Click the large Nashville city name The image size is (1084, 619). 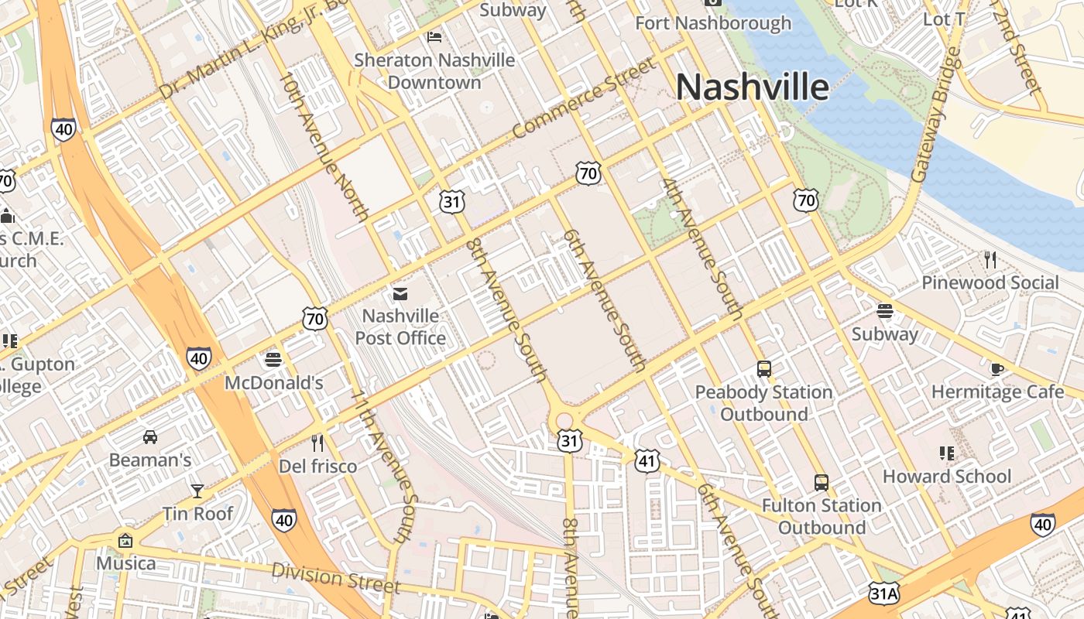752,87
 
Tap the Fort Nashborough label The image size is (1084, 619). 713,23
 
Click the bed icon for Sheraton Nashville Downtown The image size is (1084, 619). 434,37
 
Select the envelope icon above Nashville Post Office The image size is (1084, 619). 400,294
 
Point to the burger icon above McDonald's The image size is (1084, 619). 273,360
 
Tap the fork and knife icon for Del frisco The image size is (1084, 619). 317,443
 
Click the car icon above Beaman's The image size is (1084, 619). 150,437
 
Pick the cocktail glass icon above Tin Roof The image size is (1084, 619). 197,491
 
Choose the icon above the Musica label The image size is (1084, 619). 125,541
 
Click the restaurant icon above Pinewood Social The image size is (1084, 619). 990,259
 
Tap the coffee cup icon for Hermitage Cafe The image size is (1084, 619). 997,369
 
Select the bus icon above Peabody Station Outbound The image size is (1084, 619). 764,369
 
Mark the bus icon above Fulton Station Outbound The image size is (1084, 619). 822,483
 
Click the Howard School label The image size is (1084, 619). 947,476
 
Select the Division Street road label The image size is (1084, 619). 335,579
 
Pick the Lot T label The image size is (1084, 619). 944,19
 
